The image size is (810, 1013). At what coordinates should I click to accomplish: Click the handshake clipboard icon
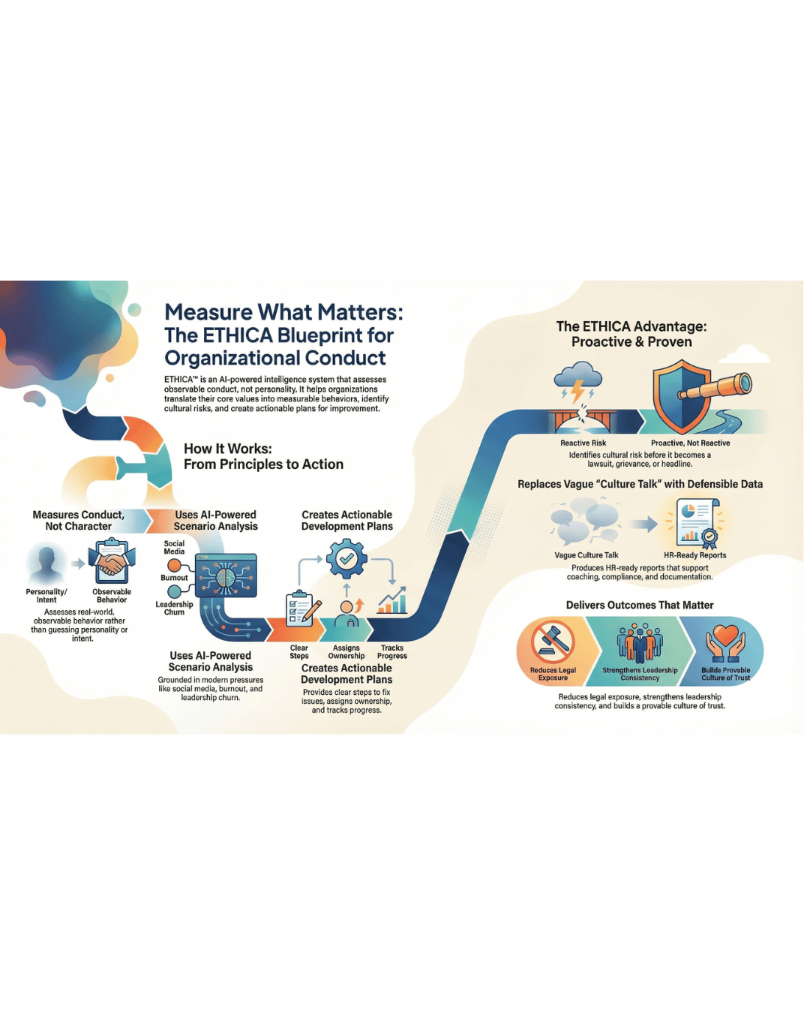[112, 562]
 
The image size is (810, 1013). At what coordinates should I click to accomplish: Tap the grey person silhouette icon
[46, 564]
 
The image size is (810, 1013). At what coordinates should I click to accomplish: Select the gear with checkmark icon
[346, 559]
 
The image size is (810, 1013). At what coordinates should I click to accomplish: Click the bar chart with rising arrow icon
[392, 600]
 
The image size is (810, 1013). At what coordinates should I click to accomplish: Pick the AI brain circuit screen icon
[226, 576]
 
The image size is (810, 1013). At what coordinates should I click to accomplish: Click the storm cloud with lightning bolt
[577, 381]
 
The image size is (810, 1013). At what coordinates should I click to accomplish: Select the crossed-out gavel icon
[553, 641]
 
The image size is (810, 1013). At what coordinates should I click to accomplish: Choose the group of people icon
[640, 642]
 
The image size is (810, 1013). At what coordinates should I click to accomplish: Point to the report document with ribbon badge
[697, 524]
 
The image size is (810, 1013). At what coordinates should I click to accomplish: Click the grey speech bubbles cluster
[586, 522]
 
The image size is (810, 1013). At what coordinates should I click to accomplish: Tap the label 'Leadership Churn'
[174, 609]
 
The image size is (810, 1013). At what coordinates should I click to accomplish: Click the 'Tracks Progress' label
[392, 652]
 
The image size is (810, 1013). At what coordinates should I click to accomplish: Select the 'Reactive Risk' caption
[583, 443]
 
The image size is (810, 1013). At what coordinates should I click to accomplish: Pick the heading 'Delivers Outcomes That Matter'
[640, 606]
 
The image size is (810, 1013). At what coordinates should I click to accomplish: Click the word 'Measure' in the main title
[208, 312]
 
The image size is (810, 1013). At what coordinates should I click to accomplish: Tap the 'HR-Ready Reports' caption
[694, 555]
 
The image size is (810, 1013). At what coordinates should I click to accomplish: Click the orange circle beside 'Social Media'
[174, 566]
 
